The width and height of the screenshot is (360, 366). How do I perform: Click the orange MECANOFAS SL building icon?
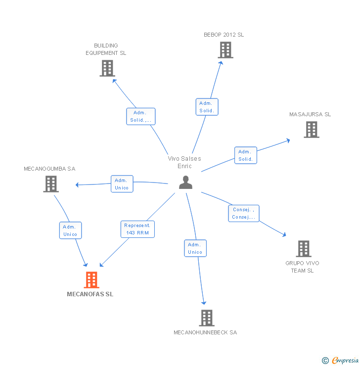[x=91, y=280]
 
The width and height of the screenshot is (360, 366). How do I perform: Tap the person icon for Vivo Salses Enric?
[x=185, y=183]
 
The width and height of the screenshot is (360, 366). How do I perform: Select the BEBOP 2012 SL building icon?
[x=225, y=50]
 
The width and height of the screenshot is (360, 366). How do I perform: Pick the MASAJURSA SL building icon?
[x=311, y=130]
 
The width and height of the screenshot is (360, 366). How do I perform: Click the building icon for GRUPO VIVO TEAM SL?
[x=303, y=249]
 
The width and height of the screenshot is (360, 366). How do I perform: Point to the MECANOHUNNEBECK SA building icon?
[x=206, y=318]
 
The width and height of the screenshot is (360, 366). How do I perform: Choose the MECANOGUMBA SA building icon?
[x=50, y=184]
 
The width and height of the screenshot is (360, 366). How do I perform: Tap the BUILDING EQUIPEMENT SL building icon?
[x=107, y=68]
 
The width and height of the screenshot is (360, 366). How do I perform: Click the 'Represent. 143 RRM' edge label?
[x=137, y=229]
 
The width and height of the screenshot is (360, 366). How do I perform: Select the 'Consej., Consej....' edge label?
[x=243, y=213]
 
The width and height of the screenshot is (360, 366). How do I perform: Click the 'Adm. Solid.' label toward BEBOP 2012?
[x=207, y=107]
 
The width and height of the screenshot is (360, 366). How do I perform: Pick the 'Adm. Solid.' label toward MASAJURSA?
[x=245, y=155]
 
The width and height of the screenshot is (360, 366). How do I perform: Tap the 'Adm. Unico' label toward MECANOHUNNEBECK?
[x=195, y=248]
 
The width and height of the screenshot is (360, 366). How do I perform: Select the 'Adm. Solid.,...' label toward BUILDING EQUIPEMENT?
[x=141, y=116]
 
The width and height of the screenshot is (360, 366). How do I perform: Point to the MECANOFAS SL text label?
[x=90, y=294]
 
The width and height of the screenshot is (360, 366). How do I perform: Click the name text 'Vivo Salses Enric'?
[x=184, y=162]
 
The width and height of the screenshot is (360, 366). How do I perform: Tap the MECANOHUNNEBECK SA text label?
[x=205, y=332]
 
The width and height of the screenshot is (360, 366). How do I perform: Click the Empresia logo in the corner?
[x=340, y=361]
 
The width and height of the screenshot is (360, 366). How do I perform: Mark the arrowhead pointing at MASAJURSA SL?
[x=288, y=140]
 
